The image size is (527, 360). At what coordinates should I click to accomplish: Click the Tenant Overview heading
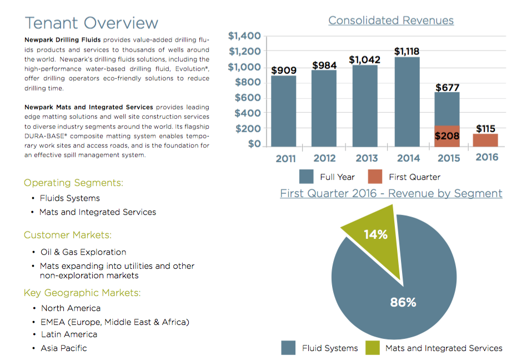click(92, 23)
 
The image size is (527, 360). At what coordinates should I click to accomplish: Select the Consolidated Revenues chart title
click(390, 21)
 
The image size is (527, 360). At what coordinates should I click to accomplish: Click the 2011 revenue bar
click(283, 111)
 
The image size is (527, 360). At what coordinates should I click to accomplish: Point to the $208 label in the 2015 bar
click(446, 136)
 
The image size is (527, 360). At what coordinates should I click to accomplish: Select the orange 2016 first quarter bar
click(485, 141)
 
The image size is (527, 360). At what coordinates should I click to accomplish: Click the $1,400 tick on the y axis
click(244, 36)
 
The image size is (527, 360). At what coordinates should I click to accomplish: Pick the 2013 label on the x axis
click(367, 158)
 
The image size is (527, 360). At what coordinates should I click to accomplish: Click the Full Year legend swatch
click(306, 177)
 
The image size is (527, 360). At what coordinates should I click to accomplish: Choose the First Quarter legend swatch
click(375, 177)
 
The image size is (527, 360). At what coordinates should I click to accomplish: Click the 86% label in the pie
click(403, 302)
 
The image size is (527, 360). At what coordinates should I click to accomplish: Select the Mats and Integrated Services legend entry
click(444, 348)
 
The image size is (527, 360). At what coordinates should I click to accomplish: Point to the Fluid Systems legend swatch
click(288, 348)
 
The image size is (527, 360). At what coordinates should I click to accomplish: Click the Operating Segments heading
click(73, 183)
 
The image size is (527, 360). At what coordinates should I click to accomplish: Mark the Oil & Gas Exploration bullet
click(83, 252)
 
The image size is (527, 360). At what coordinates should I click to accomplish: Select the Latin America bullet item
click(69, 334)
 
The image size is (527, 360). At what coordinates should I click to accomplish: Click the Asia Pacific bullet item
click(64, 348)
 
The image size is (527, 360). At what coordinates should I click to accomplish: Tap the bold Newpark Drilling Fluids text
click(62, 41)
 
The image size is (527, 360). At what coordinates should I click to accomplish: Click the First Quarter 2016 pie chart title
click(391, 193)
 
